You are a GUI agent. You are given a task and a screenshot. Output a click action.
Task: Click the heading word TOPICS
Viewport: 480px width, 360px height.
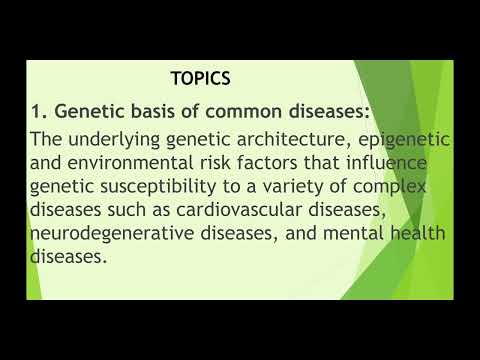[x=200, y=78]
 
